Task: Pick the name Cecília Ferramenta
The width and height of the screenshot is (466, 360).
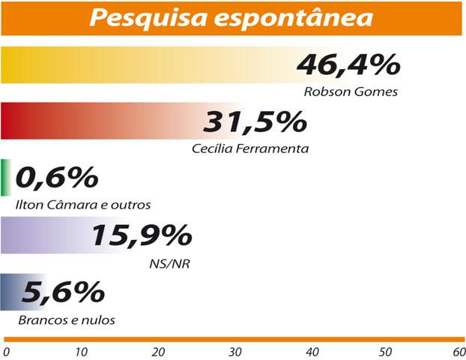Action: [x=250, y=148]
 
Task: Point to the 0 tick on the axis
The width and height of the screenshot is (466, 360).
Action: [x=7, y=350]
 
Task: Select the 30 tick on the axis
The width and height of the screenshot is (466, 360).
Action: [x=235, y=350]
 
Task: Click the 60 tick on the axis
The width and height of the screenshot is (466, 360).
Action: [x=459, y=350]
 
